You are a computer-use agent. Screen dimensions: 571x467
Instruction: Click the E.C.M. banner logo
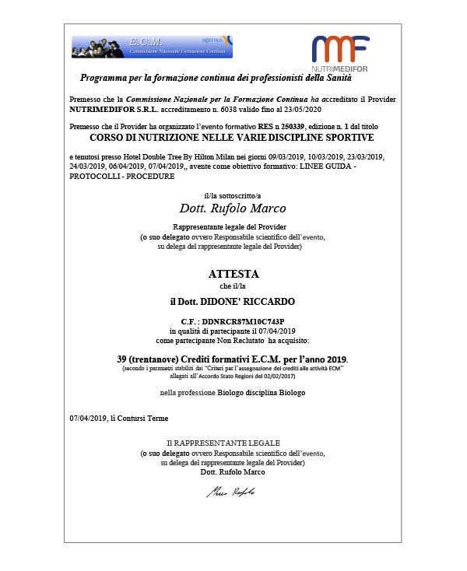click(x=152, y=47)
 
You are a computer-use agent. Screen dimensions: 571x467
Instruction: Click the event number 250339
click(x=293, y=125)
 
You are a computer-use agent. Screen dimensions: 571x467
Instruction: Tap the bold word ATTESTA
click(x=233, y=275)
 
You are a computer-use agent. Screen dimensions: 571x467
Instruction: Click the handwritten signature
click(x=230, y=492)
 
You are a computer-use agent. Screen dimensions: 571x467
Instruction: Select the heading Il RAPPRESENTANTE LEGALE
click(x=233, y=443)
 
